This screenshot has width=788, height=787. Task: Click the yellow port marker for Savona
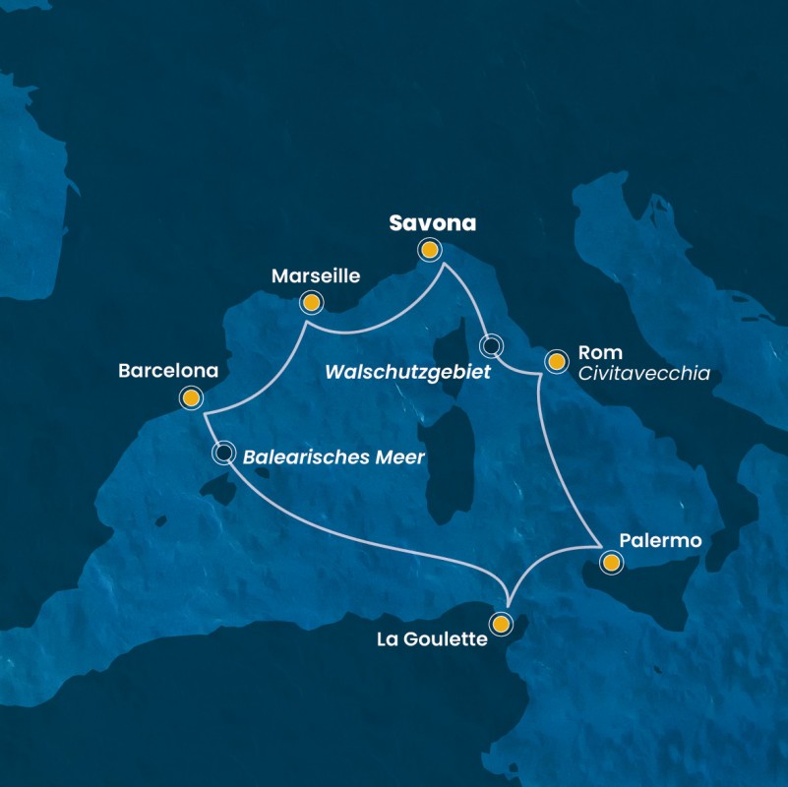point(429,250)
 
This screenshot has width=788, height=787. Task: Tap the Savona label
point(432,223)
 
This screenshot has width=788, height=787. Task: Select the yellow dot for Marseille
point(311,302)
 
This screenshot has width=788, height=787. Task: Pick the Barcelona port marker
point(191,397)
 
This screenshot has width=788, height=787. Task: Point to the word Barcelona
point(167,372)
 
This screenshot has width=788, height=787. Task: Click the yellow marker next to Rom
point(556,362)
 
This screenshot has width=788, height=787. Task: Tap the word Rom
point(600,352)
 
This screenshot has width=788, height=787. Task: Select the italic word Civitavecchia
point(644,374)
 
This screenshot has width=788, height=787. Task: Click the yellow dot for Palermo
point(612,563)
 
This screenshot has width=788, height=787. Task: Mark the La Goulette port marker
point(502,624)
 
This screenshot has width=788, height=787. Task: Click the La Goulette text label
point(432,639)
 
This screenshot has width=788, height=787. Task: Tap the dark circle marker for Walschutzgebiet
point(490,345)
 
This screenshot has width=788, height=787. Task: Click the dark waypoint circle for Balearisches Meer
point(224,453)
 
